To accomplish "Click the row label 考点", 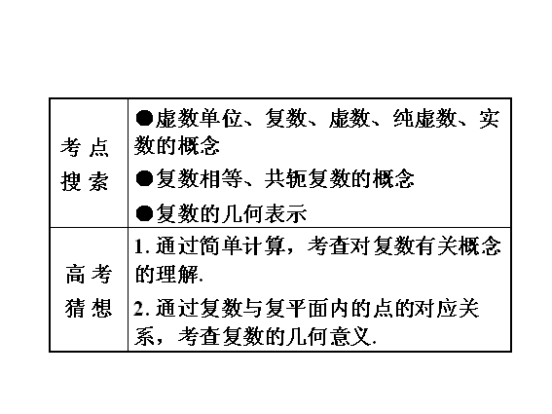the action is point(85,147).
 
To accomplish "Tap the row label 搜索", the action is point(85,181).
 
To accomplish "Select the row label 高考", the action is point(89,275).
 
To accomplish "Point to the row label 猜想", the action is point(89,308).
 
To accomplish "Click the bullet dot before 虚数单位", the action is point(144,118).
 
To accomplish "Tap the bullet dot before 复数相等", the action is point(144,178).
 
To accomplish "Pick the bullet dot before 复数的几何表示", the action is point(144,213).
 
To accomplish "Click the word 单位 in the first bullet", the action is point(221,118).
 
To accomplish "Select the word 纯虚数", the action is point(424,118).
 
